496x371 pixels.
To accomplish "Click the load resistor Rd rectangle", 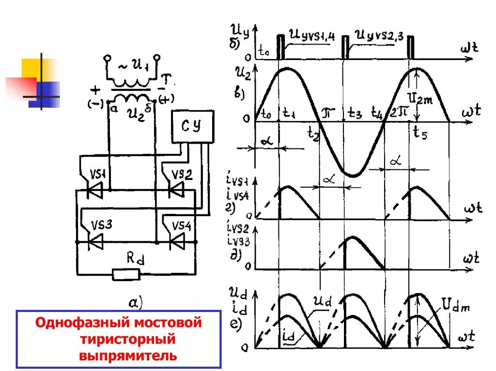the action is (126, 275).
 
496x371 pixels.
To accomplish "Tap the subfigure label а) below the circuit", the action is (135, 303).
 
